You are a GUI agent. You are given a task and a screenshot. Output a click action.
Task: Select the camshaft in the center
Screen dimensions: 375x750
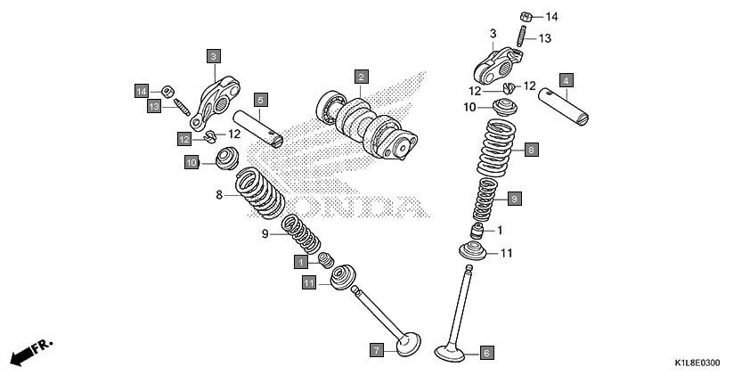(x=365, y=125)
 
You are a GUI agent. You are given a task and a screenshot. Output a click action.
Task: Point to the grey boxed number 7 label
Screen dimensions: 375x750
(x=377, y=350)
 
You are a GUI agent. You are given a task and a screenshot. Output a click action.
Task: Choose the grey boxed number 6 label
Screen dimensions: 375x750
(x=486, y=352)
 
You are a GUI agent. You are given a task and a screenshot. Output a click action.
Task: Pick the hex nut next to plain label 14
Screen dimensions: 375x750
(x=526, y=16)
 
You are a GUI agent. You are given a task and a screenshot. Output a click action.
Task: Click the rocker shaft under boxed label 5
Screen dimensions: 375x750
(x=258, y=127)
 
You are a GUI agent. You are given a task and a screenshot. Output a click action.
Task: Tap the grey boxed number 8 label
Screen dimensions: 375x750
(x=530, y=150)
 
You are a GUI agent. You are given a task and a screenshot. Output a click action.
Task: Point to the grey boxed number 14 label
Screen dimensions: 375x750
(x=142, y=90)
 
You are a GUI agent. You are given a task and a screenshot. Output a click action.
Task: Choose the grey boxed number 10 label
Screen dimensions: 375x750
(x=191, y=162)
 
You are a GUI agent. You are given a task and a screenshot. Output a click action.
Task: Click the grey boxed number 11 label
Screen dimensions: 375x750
(x=308, y=282)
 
